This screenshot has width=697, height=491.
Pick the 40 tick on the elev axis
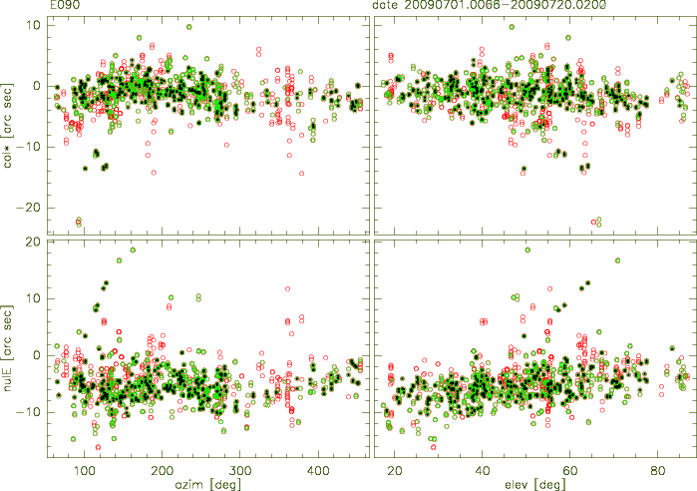click(x=483, y=469)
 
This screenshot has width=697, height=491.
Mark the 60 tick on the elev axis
click(x=569, y=469)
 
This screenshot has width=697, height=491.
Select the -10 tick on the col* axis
click(x=31, y=147)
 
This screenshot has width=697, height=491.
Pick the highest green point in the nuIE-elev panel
click(x=527, y=249)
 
